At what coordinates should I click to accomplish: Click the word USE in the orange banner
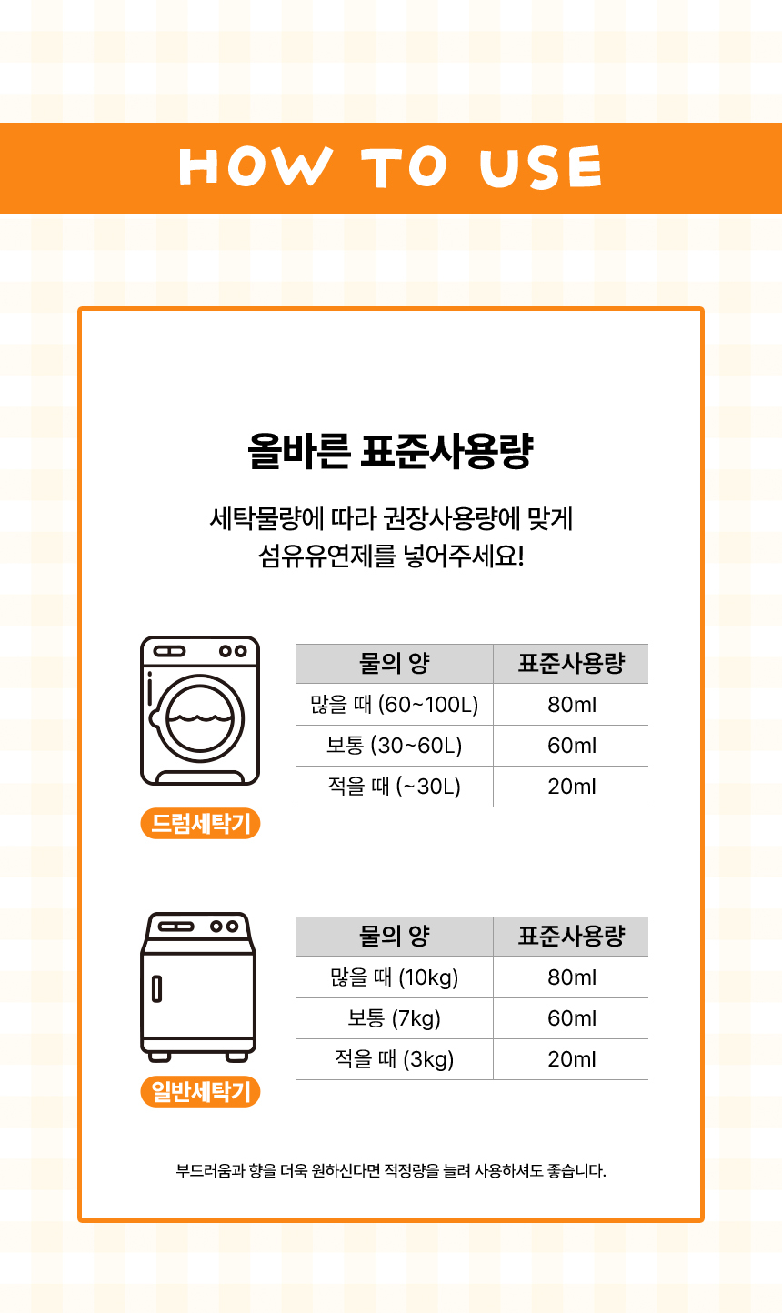pos(540,167)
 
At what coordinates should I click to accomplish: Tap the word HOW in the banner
pos(256,167)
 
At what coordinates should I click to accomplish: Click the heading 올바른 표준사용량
pos(390,451)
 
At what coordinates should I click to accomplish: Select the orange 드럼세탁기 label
pos(200,824)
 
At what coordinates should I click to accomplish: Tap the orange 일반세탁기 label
pos(200,1091)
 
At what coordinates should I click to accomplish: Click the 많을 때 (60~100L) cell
pos(395,704)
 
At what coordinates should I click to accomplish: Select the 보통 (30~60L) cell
pos(395,745)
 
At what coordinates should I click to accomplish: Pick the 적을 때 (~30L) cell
pos(395,786)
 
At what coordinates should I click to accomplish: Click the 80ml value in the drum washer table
pos(572,704)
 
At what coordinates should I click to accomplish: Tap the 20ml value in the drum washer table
pos(572,786)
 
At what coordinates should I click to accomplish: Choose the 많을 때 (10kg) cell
pos(395,977)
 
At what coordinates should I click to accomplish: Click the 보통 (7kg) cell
pos(395,1018)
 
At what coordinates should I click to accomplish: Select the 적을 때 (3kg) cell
pos(395,1059)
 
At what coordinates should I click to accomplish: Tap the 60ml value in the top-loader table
pos(572,1018)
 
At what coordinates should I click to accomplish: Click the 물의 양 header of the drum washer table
pos(395,663)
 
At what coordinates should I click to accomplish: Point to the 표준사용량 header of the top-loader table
pos(572,936)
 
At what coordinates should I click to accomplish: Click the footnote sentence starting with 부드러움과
pos(391,1170)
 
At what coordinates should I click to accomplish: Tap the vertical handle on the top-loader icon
pos(156,989)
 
